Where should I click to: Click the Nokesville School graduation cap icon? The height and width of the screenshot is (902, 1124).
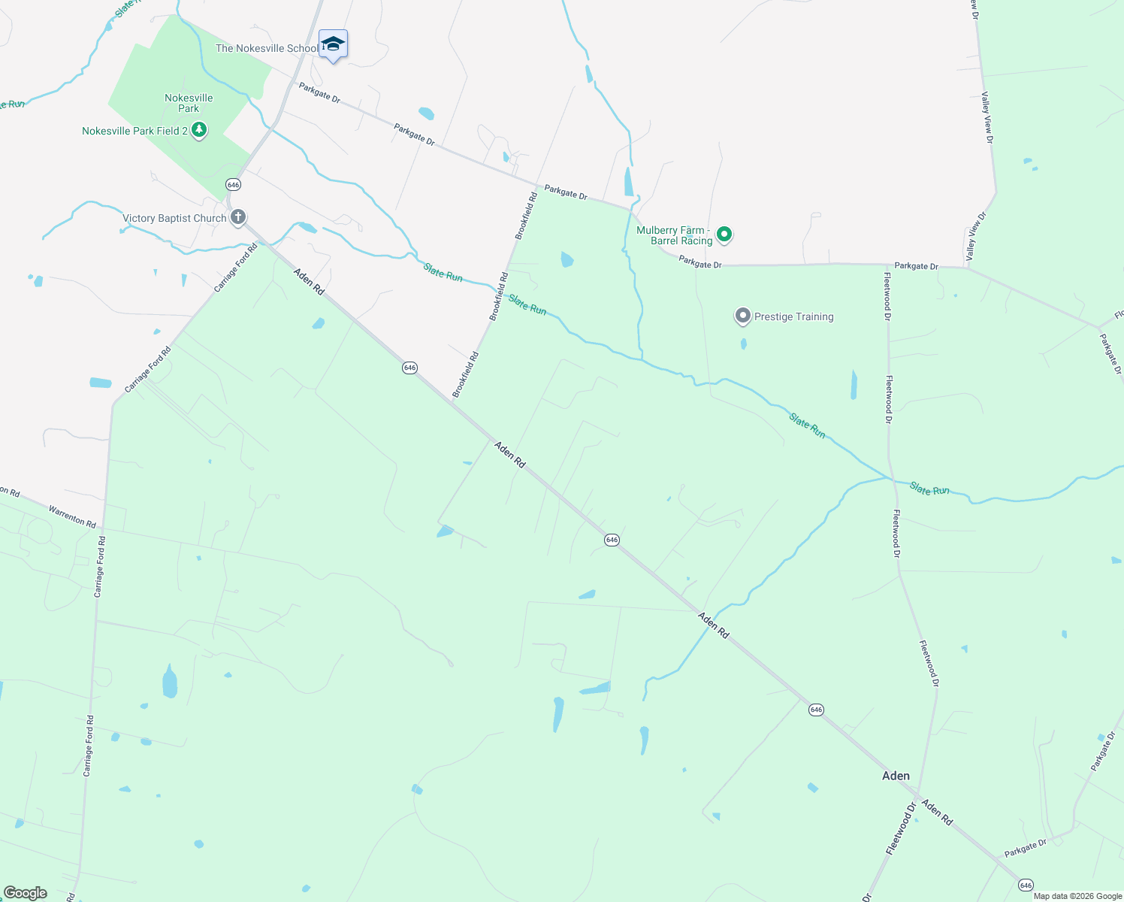[333, 44]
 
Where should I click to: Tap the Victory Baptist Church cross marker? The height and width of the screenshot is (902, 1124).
[238, 218]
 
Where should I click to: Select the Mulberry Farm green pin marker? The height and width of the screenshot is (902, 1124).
[724, 235]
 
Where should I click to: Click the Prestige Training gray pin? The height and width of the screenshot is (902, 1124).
[743, 316]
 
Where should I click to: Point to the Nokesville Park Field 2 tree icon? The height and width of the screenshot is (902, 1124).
[199, 131]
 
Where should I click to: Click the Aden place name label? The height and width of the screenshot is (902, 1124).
[896, 776]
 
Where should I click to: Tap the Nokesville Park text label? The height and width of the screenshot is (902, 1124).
[189, 103]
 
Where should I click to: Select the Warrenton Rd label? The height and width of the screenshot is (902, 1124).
[72, 516]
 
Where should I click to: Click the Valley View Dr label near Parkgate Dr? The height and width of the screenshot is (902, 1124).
[975, 236]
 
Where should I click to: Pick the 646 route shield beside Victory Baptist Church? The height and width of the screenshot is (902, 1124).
[233, 185]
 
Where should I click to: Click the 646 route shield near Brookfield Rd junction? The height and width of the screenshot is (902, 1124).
[409, 368]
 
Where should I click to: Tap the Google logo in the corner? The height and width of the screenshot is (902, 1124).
[26, 893]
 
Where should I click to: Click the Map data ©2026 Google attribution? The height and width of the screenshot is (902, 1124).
[1077, 896]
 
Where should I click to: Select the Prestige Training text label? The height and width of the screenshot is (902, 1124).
[793, 316]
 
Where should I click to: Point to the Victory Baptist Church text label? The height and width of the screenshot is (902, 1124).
[174, 219]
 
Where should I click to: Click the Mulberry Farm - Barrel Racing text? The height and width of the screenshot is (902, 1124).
[673, 235]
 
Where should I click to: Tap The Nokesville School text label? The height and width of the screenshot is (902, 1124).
[267, 48]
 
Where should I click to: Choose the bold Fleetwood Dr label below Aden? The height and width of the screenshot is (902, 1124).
[902, 828]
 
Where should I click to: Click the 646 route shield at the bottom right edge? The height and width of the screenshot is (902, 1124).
[1026, 885]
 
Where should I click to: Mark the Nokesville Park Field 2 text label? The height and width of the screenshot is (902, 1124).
[135, 131]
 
